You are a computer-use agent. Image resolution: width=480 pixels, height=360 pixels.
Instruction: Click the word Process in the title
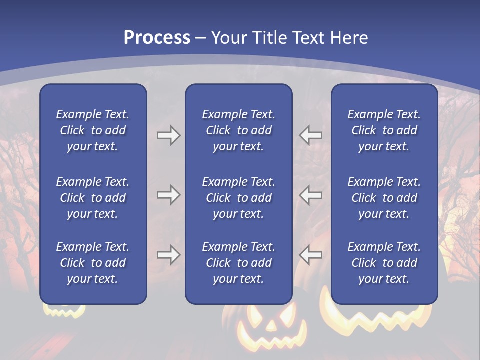tap(157, 38)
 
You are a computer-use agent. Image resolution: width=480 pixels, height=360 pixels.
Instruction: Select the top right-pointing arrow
tap(168, 135)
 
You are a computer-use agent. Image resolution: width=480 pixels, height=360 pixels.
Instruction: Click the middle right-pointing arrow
tap(168, 195)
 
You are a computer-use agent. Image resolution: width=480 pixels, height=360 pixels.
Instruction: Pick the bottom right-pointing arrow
tap(168, 255)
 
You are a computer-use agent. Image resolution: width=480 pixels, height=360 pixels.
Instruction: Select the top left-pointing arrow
tap(311, 135)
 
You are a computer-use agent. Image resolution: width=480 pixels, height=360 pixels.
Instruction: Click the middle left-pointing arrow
tap(311, 195)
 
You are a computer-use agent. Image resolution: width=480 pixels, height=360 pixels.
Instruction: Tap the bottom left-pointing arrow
tap(311, 255)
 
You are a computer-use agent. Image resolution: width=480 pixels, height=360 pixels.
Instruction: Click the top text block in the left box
tap(93, 130)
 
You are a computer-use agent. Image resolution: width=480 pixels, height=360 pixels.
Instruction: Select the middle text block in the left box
tap(93, 198)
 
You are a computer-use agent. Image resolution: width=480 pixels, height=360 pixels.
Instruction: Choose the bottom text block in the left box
tap(93, 263)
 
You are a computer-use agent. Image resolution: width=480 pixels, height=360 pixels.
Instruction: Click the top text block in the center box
tap(238, 130)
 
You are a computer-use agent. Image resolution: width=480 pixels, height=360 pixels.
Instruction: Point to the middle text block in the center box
tap(238, 198)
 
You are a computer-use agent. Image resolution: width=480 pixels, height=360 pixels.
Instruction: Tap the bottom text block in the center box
tap(238, 263)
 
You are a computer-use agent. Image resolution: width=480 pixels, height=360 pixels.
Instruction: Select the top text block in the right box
tap(384, 130)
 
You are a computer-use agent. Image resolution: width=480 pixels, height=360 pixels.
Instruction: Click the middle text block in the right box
tap(384, 198)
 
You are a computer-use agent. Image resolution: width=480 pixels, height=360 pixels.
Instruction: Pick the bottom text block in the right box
tap(384, 263)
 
